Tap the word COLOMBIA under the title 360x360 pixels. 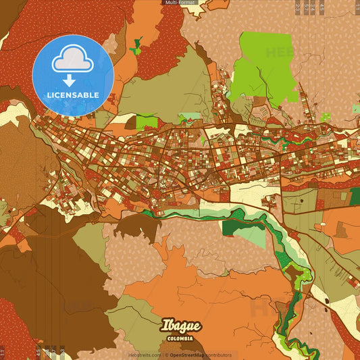[181, 338]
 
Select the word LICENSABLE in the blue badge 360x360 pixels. [73, 95]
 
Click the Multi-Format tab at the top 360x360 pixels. [179, 3]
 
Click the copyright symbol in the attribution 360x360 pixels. [166, 355]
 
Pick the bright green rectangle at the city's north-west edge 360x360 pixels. [147, 122]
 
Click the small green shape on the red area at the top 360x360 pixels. [136, 45]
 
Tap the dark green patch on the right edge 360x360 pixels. [355, 197]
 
